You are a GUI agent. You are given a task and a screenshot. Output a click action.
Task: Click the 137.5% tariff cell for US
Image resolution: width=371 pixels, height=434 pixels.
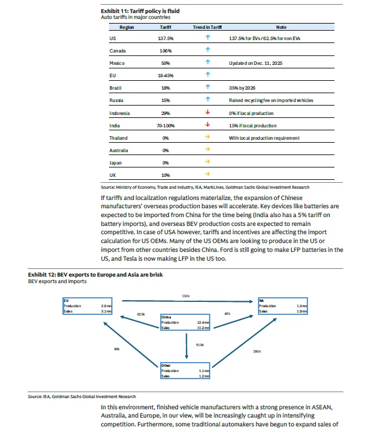[166, 38]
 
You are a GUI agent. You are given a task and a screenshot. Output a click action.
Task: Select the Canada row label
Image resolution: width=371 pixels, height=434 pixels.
[118, 51]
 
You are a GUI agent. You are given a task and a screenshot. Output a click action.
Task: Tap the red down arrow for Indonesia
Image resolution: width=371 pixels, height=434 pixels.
[207, 113]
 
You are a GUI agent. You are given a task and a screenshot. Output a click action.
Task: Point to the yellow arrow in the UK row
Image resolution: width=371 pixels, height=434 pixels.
[207, 175]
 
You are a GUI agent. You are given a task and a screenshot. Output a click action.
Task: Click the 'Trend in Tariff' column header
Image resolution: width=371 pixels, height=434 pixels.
[207, 27]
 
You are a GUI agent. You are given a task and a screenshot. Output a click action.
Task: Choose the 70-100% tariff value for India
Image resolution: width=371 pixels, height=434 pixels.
[166, 125]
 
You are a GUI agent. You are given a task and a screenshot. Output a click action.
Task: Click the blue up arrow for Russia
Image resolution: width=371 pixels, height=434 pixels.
[207, 100]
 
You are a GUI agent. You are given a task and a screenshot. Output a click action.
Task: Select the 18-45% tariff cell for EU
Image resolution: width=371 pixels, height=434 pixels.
[166, 75]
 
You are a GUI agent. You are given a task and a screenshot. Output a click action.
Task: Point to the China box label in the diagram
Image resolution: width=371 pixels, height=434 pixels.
[167, 317]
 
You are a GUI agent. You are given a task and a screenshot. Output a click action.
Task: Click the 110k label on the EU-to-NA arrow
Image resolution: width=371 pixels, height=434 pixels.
[186, 295]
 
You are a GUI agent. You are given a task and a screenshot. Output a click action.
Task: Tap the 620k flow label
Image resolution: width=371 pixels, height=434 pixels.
[141, 314]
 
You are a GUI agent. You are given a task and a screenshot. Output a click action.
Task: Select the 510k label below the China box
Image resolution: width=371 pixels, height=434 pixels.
[199, 345]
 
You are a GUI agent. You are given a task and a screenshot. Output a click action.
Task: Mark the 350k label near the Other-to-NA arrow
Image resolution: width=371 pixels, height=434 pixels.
[257, 351]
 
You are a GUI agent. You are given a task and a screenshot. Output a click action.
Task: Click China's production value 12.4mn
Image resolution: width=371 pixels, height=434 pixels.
[202, 322]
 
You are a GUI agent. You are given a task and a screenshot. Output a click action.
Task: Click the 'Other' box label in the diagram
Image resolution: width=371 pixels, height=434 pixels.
[166, 366]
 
